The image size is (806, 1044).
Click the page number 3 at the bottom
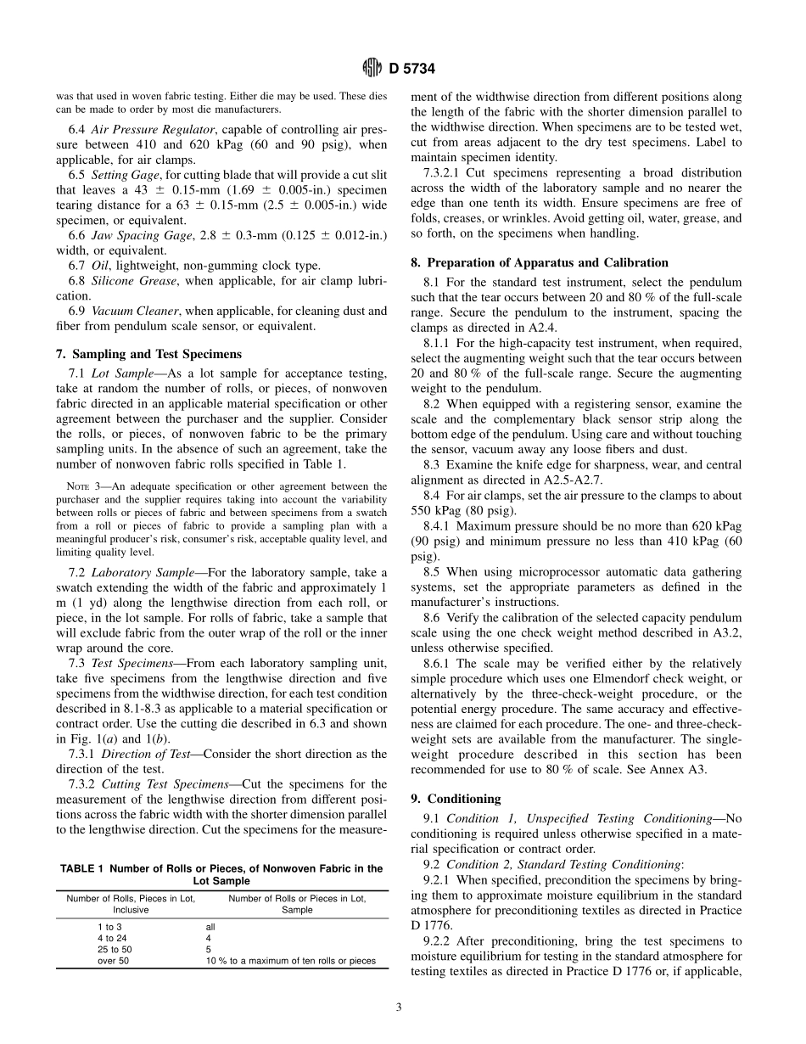399,1008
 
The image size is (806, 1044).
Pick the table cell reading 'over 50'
115,961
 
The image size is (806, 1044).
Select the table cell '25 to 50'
115,950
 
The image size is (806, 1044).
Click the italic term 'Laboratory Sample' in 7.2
135,573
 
